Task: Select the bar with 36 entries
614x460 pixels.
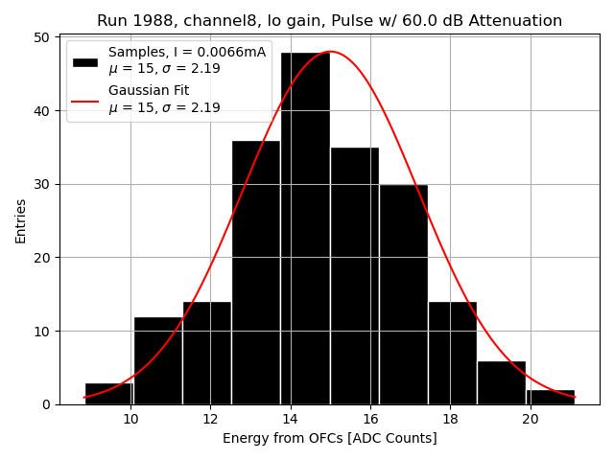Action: pyautogui.click(x=256, y=272)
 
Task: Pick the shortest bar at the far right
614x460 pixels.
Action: pyautogui.click(x=551, y=397)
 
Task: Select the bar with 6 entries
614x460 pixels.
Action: pyautogui.click(x=501, y=382)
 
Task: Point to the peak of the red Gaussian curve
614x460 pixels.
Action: pyautogui.click(x=330, y=52)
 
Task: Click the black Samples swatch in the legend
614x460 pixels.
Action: pyautogui.click(x=85, y=61)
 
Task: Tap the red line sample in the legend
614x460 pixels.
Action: pyautogui.click(x=85, y=100)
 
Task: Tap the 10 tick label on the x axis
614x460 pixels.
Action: pyautogui.click(x=131, y=419)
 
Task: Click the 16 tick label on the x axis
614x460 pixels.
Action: pyautogui.click(x=370, y=419)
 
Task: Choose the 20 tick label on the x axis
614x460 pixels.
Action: pyautogui.click(x=531, y=419)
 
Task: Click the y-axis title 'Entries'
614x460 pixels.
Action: pyautogui.click(x=21, y=220)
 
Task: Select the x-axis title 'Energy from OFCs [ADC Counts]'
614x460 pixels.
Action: pyautogui.click(x=330, y=439)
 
